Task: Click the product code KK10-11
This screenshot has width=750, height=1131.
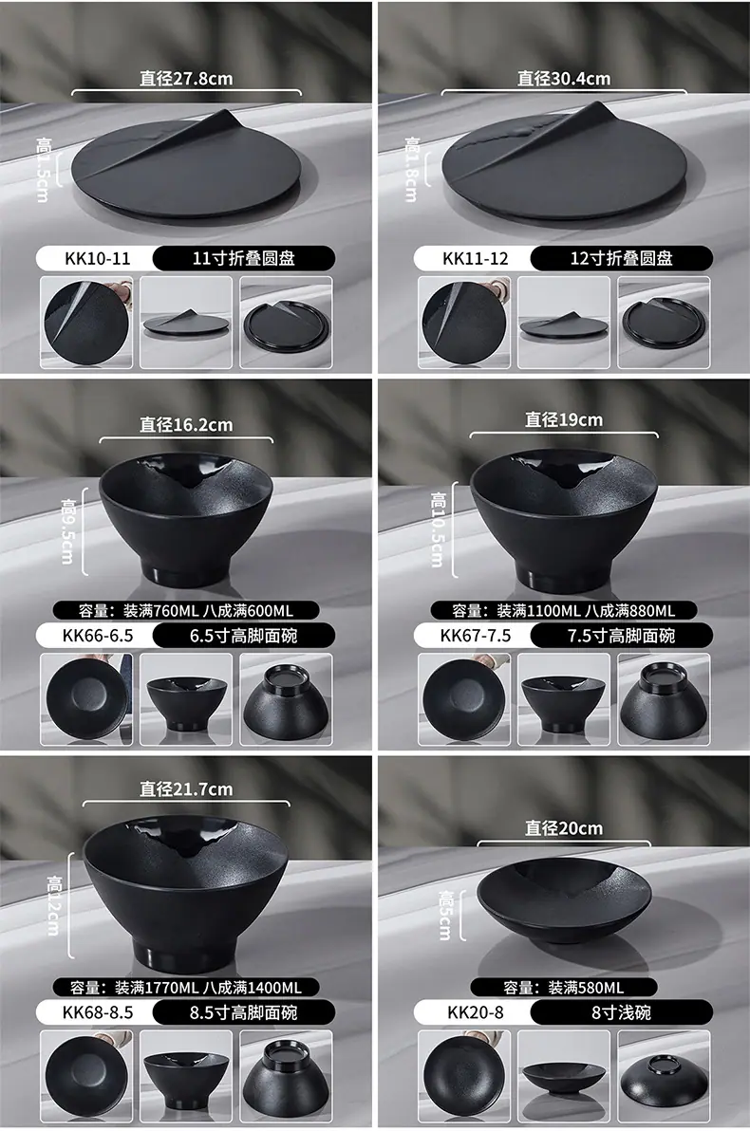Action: click(98, 258)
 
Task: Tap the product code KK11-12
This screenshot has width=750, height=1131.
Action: click(476, 258)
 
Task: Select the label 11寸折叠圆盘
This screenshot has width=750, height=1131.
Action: click(243, 258)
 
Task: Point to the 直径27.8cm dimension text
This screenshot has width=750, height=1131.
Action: click(186, 79)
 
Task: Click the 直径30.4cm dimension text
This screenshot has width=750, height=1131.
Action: click(564, 79)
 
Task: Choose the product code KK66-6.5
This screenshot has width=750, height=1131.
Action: click(98, 636)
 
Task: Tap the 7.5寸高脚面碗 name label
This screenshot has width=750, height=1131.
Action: click(622, 636)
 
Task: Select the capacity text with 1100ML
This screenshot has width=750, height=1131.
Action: click(586, 611)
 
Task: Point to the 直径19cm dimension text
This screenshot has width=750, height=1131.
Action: click(564, 419)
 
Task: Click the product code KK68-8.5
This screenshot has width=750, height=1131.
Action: click(98, 1012)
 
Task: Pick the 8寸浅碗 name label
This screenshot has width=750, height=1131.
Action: click(622, 1012)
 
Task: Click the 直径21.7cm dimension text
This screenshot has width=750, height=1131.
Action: click(186, 789)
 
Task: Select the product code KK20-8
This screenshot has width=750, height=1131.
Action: click(476, 1012)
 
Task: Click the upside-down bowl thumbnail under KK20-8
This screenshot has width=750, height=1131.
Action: click(665, 1076)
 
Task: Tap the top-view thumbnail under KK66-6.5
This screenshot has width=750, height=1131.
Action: click(86, 699)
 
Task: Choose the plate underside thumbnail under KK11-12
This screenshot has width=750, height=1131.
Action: click(665, 323)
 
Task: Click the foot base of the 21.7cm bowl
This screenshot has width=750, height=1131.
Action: click(186, 953)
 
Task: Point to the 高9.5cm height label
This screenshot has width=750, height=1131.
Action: click(67, 531)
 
